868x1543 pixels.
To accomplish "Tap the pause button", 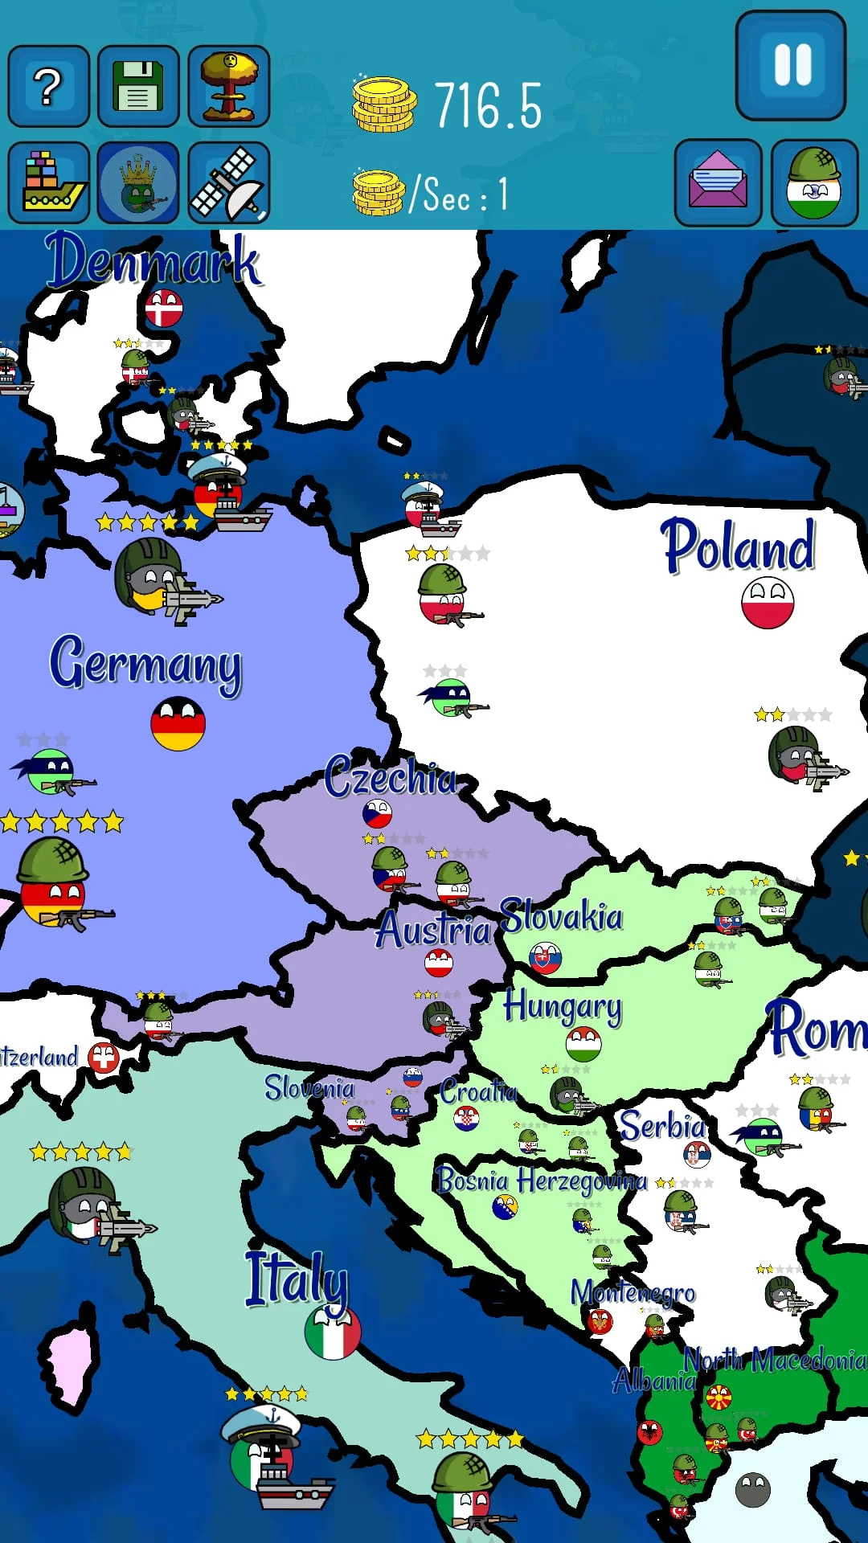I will point(791,66).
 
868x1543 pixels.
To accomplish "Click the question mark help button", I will point(48,87).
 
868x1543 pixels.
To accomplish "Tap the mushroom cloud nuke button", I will point(229,87).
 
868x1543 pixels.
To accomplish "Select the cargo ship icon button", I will point(48,183).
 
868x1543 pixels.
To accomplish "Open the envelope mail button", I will point(718,183).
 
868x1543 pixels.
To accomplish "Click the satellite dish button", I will point(229,183).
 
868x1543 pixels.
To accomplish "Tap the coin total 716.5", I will point(488,106).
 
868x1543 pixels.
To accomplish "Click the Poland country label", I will point(738,546).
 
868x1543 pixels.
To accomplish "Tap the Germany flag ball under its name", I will point(178,723).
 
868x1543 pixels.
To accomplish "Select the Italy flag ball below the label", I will point(332,1332).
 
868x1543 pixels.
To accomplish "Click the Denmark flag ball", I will point(164,308).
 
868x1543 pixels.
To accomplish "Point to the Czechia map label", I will point(391,776).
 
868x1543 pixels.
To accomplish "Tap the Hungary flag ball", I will point(583,1045).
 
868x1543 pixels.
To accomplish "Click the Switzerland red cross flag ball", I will point(104,1058).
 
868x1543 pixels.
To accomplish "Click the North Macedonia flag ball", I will point(718,1398).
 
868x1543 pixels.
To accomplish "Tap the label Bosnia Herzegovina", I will point(540,1181).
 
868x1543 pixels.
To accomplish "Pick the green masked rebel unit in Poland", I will point(452,698).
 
